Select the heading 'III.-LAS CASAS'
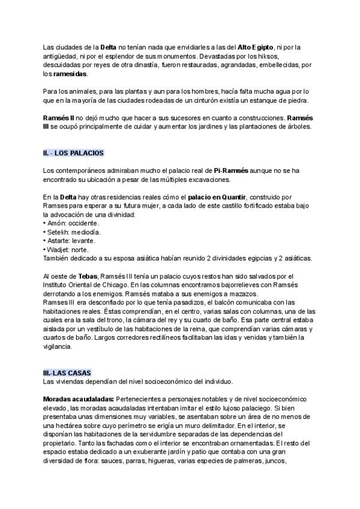point(67,373)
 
